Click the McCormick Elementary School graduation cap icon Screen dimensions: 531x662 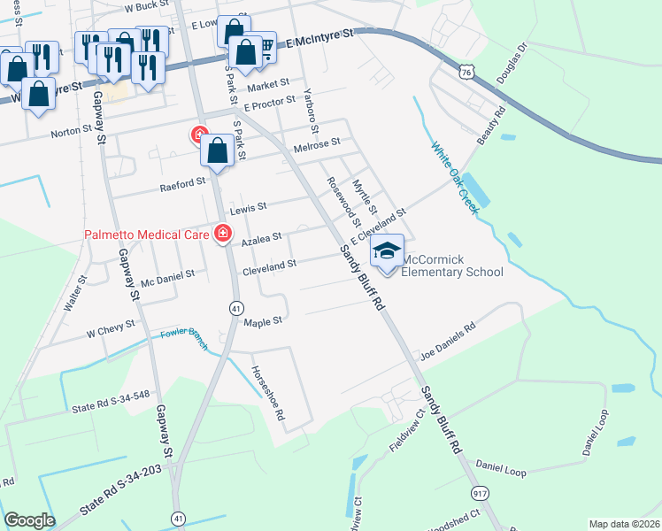click(x=387, y=251)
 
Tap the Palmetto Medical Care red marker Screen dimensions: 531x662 click(x=223, y=235)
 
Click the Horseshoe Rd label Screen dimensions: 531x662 click(x=267, y=393)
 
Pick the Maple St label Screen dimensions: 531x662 click(x=262, y=321)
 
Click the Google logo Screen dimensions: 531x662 click(x=29, y=520)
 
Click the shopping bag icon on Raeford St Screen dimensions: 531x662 click(x=218, y=151)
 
